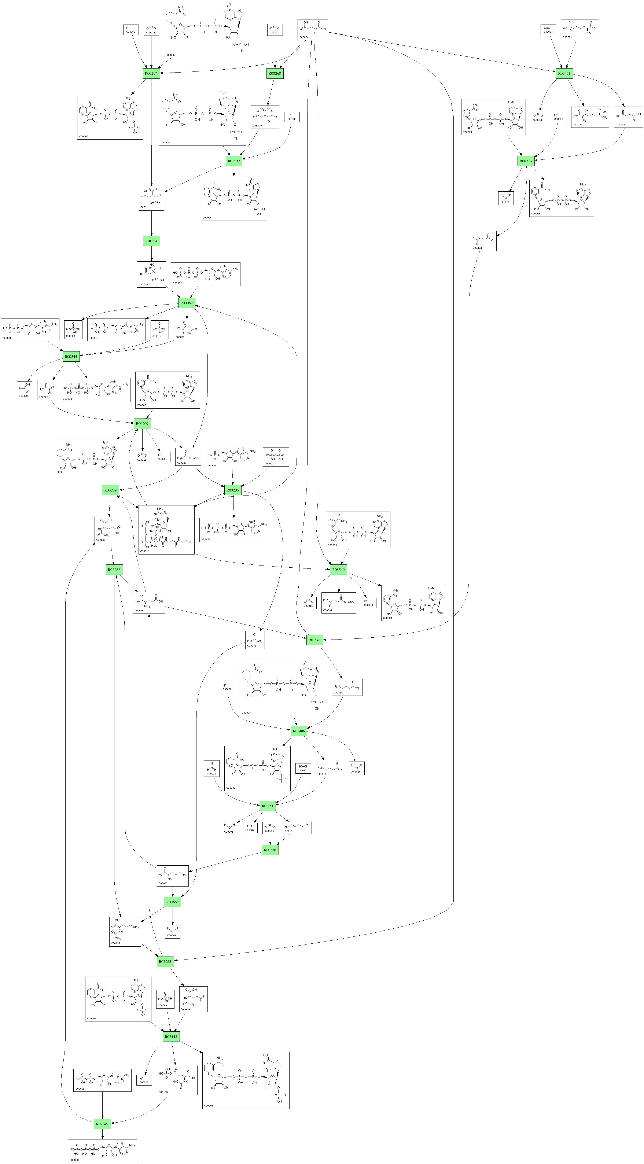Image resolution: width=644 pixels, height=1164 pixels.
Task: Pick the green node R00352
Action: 187,303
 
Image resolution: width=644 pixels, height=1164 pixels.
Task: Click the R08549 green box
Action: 338,570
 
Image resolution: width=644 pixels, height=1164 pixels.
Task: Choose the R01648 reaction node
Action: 314,640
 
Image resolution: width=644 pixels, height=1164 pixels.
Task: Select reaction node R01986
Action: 299,731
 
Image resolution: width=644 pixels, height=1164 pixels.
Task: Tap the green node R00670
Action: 270,850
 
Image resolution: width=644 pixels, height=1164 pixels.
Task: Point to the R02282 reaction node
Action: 114,570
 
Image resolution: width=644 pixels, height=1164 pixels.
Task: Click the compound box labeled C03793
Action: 580,29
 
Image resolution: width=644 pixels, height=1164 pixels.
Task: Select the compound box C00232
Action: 483,241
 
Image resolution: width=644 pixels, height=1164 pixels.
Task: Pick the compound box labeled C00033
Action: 255,639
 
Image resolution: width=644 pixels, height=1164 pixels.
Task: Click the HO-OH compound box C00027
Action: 303,768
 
